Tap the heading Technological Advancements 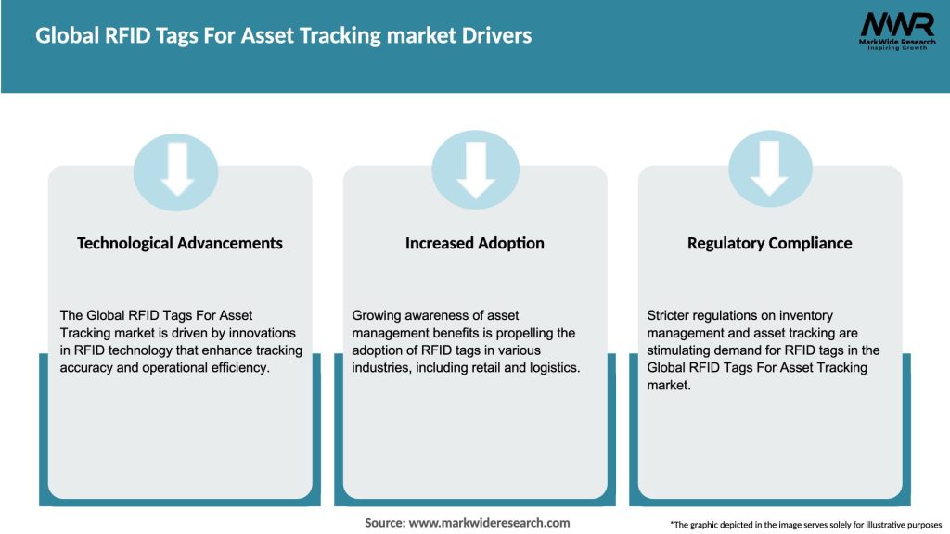(x=180, y=243)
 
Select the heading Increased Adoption (x=475, y=243)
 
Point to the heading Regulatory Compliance (x=769, y=243)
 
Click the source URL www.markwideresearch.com (x=489, y=523)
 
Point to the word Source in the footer (x=384, y=523)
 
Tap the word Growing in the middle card (x=379, y=316)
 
